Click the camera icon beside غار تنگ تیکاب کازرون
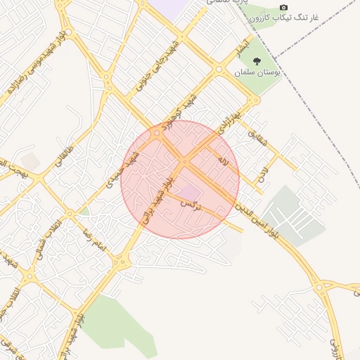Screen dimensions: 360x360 point(284,6)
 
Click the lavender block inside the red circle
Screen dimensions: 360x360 point(188,191)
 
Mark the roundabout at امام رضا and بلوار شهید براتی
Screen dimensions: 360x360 point(122,262)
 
